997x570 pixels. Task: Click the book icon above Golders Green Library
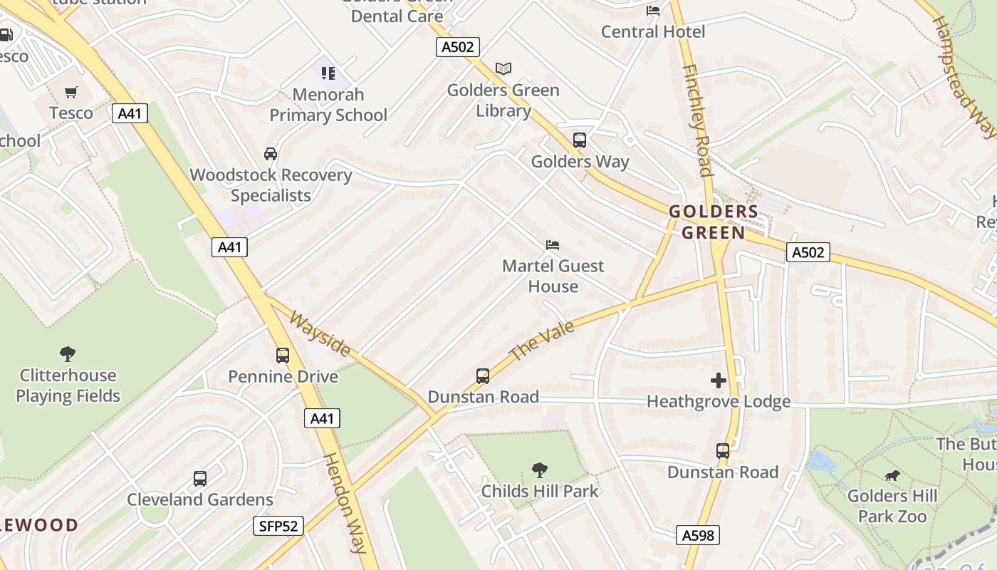tap(503, 69)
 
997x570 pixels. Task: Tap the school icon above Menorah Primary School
tap(328, 73)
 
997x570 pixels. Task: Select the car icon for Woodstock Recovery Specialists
tap(271, 154)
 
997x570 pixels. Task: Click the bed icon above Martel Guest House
tap(553, 245)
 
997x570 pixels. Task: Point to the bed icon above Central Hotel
tap(652, 11)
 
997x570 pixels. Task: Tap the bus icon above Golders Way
tap(580, 140)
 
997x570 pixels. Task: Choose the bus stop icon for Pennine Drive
tap(283, 355)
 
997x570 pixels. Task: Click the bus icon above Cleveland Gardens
tap(200, 479)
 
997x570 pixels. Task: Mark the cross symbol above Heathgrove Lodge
tap(719, 380)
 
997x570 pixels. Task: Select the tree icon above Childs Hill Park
tap(540, 470)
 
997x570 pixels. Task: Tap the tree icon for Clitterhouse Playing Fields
tap(68, 353)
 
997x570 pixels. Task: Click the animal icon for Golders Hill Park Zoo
tap(892, 475)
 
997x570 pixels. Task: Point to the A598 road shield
tap(697, 535)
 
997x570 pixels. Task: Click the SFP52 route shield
tap(278, 527)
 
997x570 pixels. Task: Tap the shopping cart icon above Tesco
tap(71, 92)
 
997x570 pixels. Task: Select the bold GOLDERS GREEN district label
tap(714, 222)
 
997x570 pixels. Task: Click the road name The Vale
tap(542, 341)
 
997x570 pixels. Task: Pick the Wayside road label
tap(320, 333)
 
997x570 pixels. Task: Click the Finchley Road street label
tap(697, 120)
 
